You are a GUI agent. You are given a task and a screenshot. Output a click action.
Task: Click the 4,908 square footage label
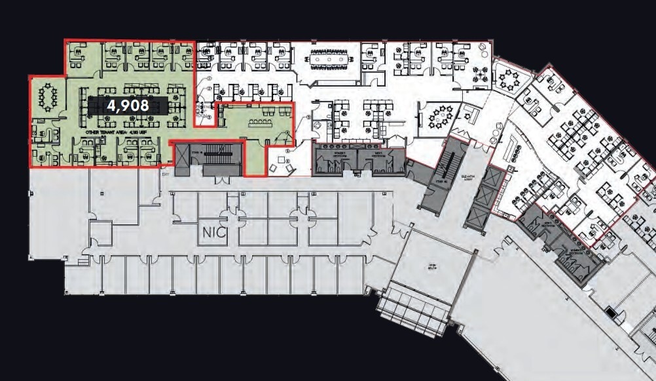point(128,105)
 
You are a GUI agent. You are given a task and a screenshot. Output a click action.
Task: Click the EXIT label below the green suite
point(166,175)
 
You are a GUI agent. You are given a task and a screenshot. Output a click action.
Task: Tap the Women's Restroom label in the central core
point(338,154)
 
